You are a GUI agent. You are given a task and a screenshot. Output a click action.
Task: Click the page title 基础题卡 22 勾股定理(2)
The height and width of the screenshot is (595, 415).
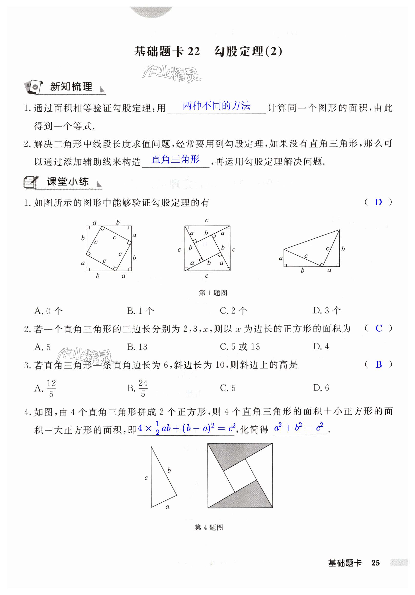point(208,52)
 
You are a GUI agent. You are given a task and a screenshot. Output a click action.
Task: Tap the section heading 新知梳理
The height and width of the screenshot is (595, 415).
point(71,87)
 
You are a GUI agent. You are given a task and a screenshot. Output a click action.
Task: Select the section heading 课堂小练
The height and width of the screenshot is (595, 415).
point(68,182)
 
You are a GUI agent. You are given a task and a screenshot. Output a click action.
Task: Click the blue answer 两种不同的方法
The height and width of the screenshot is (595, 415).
point(216,106)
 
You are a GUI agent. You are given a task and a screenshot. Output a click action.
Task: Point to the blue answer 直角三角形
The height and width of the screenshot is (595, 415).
point(175,159)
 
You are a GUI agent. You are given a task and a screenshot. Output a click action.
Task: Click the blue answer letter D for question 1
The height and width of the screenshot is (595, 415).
point(378,202)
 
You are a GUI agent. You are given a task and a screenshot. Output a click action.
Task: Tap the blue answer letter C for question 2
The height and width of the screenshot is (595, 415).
point(378,328)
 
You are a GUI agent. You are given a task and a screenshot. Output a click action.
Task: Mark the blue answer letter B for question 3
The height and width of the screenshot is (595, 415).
point(378,364)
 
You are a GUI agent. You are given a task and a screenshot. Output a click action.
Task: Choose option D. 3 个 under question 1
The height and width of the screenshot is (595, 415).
point(327,311)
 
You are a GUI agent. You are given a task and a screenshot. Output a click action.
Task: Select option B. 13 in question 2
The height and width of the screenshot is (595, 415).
point(137,347)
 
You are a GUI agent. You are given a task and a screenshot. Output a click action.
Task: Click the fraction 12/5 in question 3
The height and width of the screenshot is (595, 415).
point(51,388)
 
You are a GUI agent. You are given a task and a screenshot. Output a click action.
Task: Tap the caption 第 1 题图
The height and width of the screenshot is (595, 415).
point(213,293)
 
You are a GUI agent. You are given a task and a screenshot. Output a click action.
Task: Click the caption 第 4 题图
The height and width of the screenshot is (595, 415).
point(209,527)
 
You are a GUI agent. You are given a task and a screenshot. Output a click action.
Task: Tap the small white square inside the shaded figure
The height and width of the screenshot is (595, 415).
point(240,476)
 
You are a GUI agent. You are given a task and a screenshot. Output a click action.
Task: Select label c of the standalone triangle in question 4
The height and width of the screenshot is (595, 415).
point(146,478)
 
